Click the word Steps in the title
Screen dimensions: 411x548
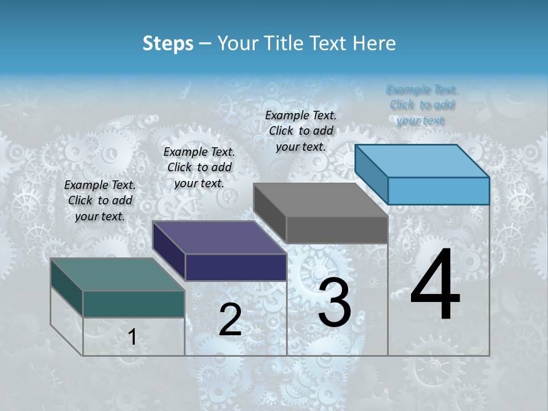tap(168, 43)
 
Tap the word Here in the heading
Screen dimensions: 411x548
tap(373, 43)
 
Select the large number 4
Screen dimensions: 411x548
tap(435, 285)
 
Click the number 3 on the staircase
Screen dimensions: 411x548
tap(335, 303)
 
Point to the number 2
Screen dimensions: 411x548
tap(230, 320)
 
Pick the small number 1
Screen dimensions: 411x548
tap(132, 337)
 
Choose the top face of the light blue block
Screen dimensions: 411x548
tap(422, 161)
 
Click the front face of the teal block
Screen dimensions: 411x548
tap(134, 304)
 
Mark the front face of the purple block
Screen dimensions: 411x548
tap(236, 267)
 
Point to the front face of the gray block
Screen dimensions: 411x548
tap(337, 229)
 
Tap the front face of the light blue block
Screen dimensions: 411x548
tap(438, 191)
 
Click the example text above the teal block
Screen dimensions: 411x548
tap(100, 200)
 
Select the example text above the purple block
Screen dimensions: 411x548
tap(199, 167)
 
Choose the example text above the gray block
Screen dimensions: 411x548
tap(301, 131)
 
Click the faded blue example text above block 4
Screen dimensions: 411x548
tap(422, 105)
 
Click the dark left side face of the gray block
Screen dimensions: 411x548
tap(269, 213)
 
